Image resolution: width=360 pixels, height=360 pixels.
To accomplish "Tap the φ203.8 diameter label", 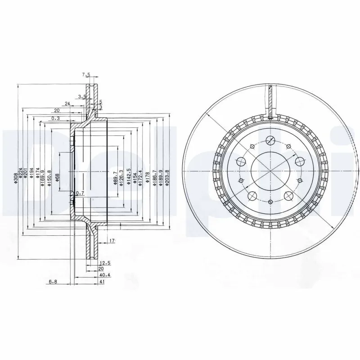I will [x=166, y=176].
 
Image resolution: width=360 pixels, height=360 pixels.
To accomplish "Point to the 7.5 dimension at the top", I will [x=86, y=75].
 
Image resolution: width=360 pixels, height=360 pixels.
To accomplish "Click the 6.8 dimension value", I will [x=54, y=282].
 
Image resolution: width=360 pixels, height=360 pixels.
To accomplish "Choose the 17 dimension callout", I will [x=112, y=242].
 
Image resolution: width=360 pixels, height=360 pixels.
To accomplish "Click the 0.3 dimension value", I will [x=55, y=118].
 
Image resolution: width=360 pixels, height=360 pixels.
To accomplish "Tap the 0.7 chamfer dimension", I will [x=81, y=193].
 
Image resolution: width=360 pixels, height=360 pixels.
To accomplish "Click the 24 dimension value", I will [x=67, y=104].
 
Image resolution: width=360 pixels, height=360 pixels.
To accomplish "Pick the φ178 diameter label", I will [x=148, y=177].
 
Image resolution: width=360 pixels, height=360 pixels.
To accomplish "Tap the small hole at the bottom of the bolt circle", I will [x=270, y=203].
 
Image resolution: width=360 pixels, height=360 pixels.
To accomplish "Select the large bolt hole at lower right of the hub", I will [x=288, y=195].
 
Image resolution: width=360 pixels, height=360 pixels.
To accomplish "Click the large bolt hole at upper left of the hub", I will [x=242, y=161].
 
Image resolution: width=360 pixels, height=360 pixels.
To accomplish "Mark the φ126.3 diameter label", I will [x=121, y=177].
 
